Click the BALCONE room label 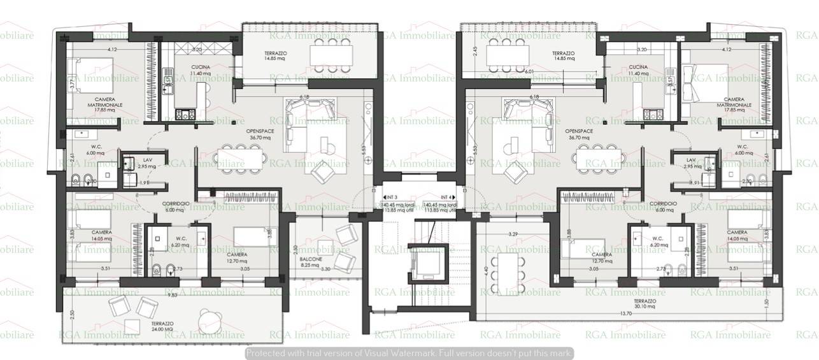pos(313,259)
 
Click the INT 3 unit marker pos(391,197)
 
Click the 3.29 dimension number pos(513,234)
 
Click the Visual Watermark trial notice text pos(409,352)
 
